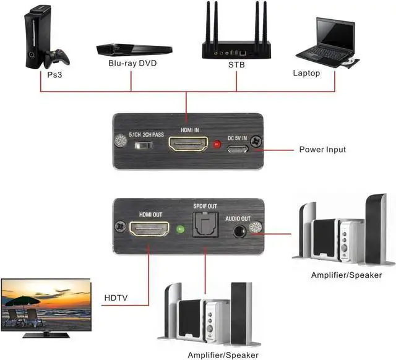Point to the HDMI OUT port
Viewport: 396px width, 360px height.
(148, 231)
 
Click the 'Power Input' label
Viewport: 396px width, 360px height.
(322, 150)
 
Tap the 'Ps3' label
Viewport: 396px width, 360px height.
(55, 75)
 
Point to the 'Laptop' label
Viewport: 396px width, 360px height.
(306, 74)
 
